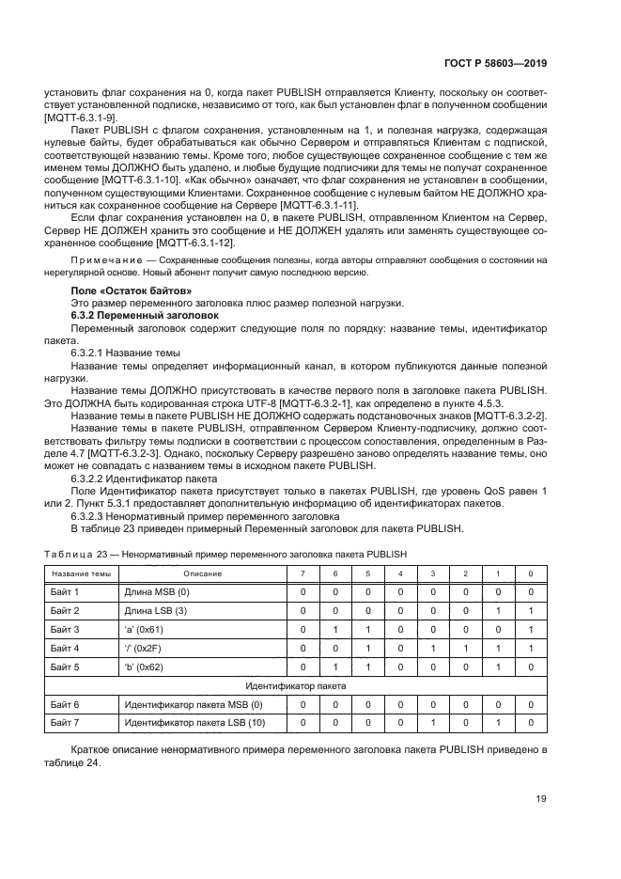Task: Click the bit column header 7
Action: [x=303, y=573]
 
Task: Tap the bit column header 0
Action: [x=531, y=573]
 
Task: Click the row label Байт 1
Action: [x=64, y=592]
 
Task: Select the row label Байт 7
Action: [x=64, y=723]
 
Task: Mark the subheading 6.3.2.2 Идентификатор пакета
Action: [x=138, y=478]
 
